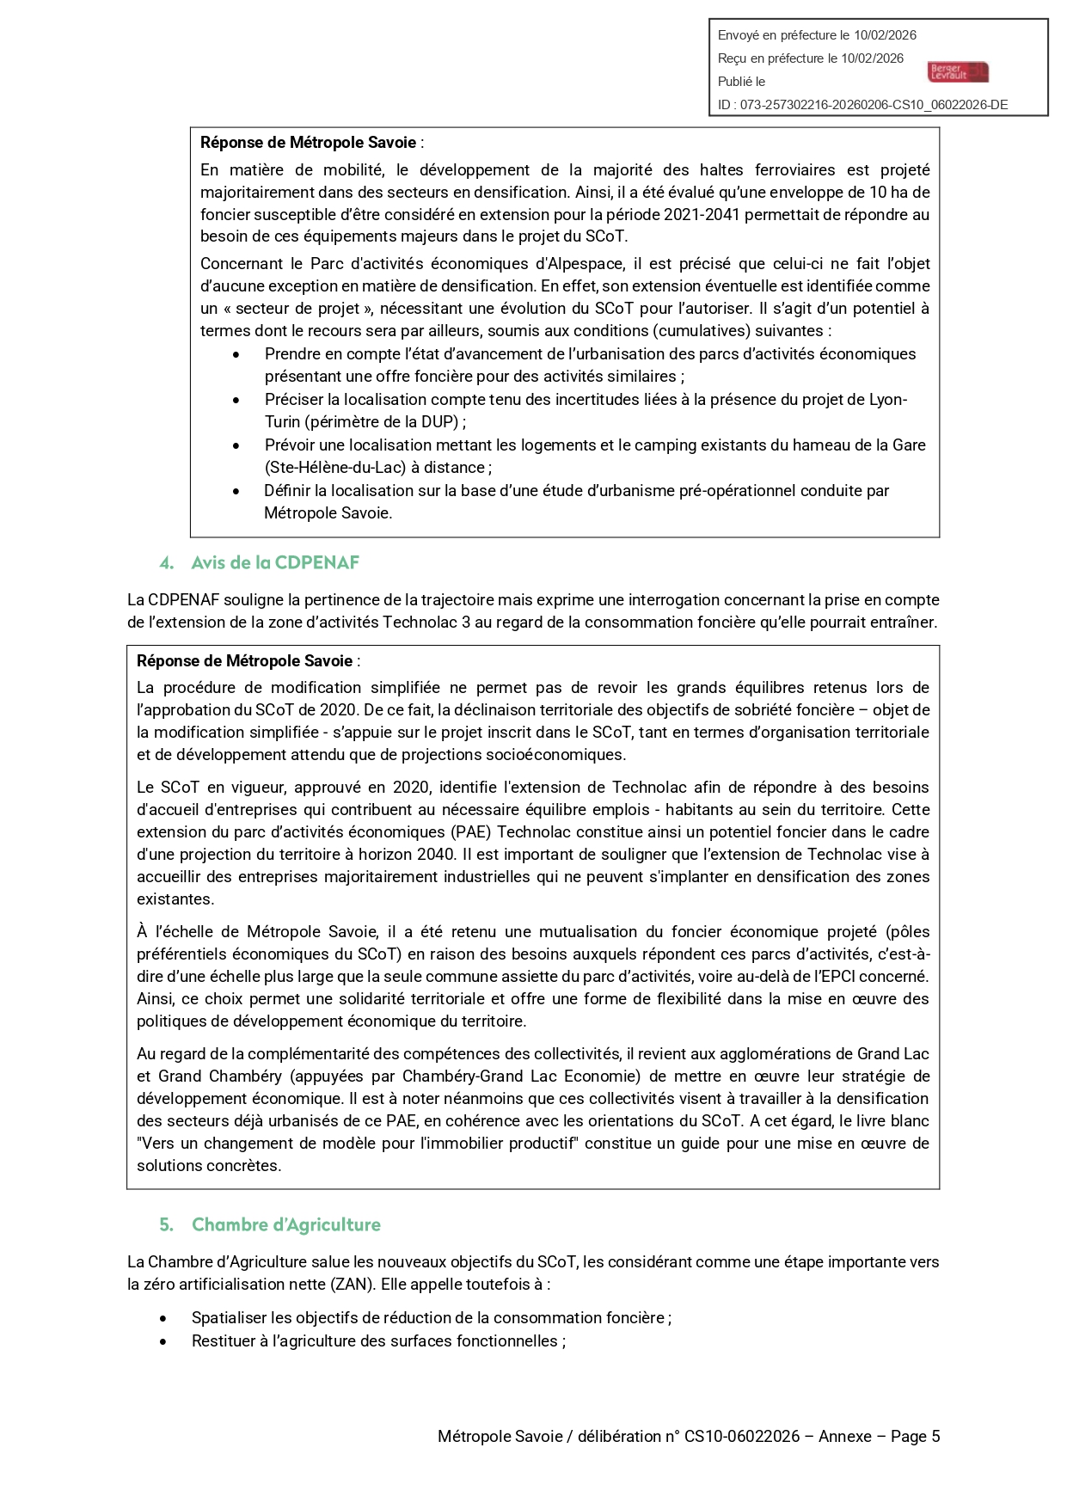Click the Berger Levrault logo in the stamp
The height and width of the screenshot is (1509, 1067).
958,71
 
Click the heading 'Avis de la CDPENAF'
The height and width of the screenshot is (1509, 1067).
275,562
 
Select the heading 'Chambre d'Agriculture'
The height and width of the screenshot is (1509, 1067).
285,1224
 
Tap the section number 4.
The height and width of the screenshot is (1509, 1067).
167,562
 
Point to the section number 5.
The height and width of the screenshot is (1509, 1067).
167,1224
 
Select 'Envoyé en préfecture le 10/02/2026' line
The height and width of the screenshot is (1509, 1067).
817,35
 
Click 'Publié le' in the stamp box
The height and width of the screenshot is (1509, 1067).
741,82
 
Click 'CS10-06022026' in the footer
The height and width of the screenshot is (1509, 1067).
741,1436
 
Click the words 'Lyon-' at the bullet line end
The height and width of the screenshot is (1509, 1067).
888,399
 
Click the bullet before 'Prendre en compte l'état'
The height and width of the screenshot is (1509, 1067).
236,354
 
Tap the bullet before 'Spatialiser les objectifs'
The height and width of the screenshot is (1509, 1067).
163,1318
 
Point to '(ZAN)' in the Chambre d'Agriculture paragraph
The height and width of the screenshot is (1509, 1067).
353,1284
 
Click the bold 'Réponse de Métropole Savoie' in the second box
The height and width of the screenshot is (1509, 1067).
244,660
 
